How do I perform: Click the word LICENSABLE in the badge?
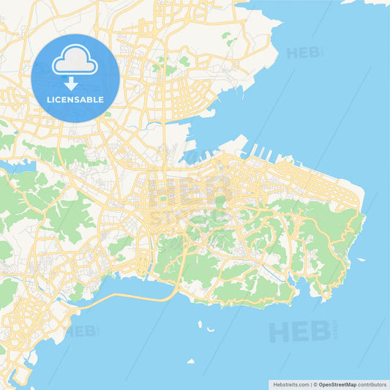pos(75,100)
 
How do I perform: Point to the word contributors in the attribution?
pos(372,383)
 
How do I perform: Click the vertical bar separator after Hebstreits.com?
pos(311,383)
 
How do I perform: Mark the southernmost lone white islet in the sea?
pos(191,361)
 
